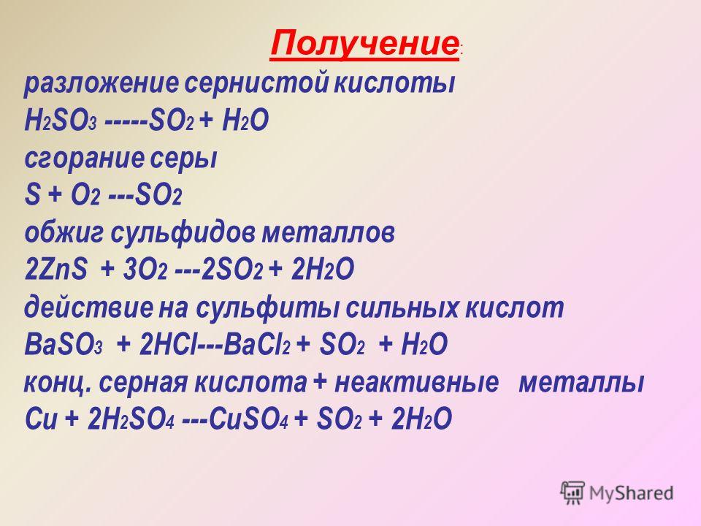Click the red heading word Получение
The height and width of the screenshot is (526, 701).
pos(364,44)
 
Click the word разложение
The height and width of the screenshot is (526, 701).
pos(101,83)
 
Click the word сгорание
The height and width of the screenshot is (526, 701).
pos(85,159)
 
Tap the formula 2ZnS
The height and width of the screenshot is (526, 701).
pos(56,270)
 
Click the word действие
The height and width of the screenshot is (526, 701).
pos(88,308)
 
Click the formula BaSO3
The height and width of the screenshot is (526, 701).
pos(64,345)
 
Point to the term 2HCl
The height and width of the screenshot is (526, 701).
pos(168,344)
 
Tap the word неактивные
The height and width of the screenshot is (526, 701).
pos(416,383)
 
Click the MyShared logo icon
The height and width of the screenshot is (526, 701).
pos(572,493)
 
